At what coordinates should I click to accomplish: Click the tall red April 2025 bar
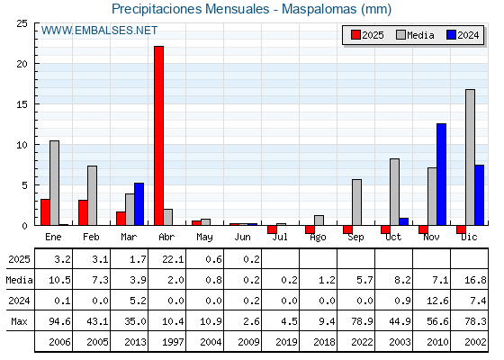point(158,136)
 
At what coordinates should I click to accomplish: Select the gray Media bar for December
point(470,157)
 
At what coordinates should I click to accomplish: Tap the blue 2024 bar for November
point(441,175)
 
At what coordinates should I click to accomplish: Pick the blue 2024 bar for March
point(139,204)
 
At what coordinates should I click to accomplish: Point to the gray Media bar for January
point(54,183)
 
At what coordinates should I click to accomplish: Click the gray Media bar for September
point(356,202)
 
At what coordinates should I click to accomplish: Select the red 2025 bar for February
point(83,212)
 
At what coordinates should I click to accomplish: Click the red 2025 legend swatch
point(355,35)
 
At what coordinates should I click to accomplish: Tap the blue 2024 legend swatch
point(451,35)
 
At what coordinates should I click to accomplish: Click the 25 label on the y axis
point(22,23)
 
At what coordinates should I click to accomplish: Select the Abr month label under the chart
point(166,237)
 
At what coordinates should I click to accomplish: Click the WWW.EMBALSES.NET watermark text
point(99,31)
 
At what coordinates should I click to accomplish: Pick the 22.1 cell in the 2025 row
point(173,259)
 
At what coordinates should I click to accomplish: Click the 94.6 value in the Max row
point(59,321)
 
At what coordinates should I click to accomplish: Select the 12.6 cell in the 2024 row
point(437,301)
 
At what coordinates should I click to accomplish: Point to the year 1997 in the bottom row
point(173,342)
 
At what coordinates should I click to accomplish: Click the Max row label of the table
point(19,321)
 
